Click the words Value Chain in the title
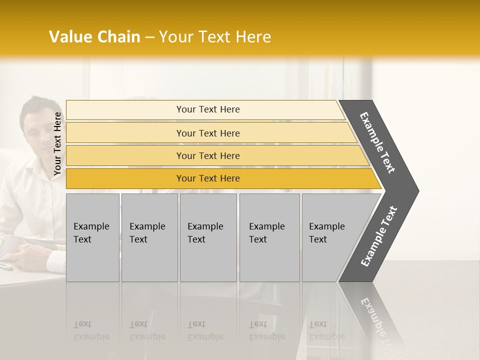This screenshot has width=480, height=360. pos(94,37)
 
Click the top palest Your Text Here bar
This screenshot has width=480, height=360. pos(207,109)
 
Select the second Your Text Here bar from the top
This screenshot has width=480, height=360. pos(207,133)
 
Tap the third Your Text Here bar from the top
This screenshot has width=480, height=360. pos(207,155)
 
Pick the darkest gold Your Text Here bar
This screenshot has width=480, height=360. pos(207,178)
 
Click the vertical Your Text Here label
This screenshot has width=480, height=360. pos(57,143)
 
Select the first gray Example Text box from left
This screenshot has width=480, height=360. pos(92,237)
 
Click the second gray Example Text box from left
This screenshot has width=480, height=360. pos(149,237)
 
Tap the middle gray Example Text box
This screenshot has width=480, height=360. pos(208,237)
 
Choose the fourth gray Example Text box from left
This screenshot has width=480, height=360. pos(269,237)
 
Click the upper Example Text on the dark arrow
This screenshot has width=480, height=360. pos(378,142)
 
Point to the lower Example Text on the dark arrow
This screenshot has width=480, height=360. pos(379,236)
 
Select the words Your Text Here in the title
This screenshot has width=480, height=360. pos(215,37)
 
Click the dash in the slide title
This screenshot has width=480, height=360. pos(149,37)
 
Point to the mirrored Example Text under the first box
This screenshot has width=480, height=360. pos(91,330)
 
